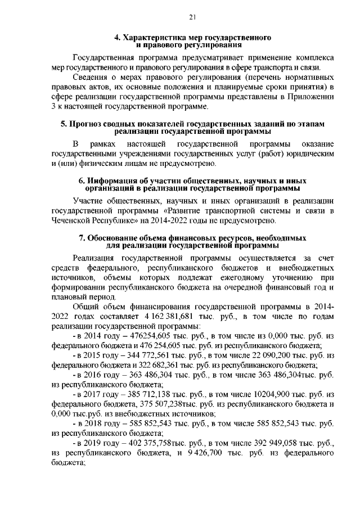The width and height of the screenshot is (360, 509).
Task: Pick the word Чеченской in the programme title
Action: point(72,221)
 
